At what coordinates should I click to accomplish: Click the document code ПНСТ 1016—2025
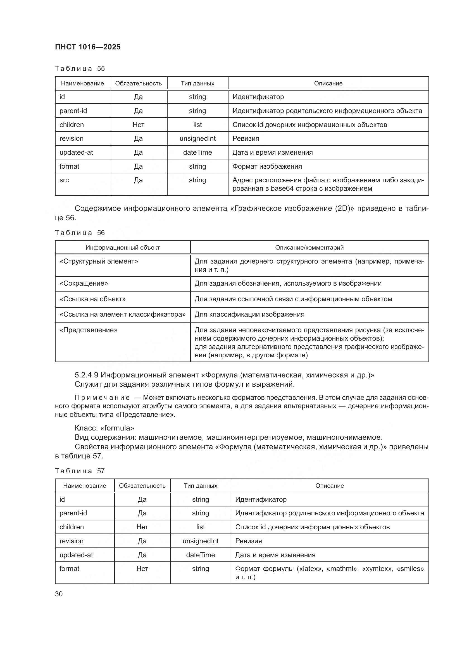point(88,47)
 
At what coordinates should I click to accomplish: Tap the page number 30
point(59,594)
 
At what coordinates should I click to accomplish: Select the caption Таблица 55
point(80,69)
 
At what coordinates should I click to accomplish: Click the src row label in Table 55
point(64,180)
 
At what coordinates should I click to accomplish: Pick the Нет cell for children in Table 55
point(138,125)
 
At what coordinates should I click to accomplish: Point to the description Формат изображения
point(267,166)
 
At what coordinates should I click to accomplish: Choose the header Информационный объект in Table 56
point(123,247)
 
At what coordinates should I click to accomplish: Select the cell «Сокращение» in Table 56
point(84,283)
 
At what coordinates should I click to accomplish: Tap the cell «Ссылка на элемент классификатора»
point(123,314)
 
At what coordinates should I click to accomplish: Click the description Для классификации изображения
point(249,314)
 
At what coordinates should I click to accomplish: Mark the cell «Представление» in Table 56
point(89,330)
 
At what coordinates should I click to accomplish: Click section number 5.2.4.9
point(87,375)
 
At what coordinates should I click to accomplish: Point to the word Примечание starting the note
point(102,398)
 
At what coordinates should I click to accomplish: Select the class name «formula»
point(117,428)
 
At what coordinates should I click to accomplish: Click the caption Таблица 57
point(80,471)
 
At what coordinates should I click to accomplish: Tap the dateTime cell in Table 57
point(200,555)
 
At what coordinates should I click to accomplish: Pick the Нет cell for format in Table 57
point(142,569)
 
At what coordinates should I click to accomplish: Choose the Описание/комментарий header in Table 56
point(309,247)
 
